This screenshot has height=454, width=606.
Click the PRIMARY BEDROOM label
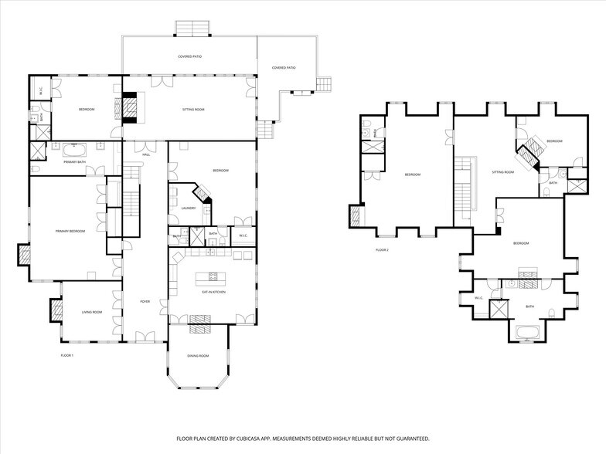70,231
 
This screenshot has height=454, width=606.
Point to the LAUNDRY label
188,208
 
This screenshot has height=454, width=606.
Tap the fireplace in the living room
56,310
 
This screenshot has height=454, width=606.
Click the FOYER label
145,301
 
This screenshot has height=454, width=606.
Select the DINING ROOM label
198,356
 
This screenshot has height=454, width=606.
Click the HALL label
145,154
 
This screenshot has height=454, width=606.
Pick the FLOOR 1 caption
66,355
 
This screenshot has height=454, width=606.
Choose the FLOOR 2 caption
382,250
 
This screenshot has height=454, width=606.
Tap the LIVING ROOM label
92,312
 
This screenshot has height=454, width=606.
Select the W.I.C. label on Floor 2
478,298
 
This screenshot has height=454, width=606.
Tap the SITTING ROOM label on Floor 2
502,172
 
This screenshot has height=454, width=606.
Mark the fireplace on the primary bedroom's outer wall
23,255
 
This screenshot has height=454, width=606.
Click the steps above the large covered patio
190,29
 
